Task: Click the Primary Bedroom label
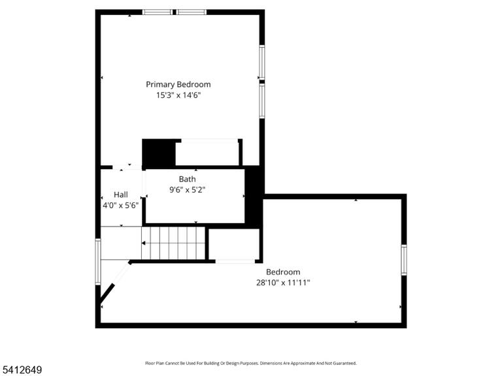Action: click(178, 84)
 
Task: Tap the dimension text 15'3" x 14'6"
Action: click(178, 95)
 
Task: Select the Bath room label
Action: click(188, 179)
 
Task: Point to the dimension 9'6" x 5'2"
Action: click(188, 190)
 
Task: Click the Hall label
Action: click(121, 195)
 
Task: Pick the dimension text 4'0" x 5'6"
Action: click(121, 205)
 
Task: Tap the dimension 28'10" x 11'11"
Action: click(283, 283)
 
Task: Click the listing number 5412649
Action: click(21, 370)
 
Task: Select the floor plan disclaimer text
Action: click(251, 363)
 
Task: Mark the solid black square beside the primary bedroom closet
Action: click(159, 153)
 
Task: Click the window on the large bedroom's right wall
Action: click(404, 260)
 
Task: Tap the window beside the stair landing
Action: click(98, 262)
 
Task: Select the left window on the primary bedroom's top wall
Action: click(157, 12)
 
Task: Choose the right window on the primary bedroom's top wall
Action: click(192, 12)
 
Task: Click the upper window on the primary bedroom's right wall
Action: click(262, 63)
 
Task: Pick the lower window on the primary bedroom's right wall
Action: click(262, 101)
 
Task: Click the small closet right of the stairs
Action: click(234, 244)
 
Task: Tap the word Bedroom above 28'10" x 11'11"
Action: click(283, 272)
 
